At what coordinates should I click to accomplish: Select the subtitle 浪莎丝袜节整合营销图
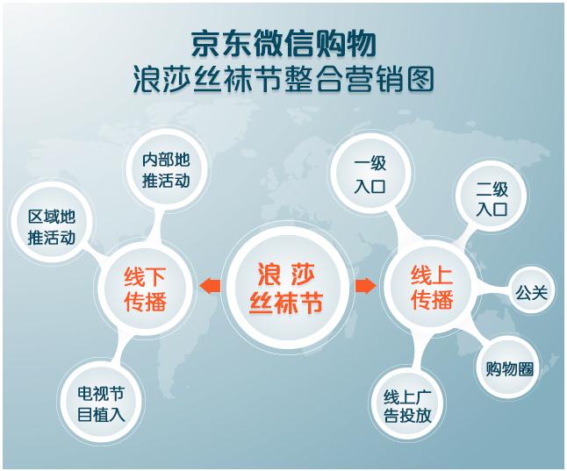tap(283, 80)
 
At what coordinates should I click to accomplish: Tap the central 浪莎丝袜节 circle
tap(285, 287)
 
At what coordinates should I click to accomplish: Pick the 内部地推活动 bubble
tap(166, 171)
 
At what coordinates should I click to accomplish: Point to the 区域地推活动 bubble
tap(51, 226)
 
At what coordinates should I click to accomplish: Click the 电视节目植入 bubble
tap(101, 403)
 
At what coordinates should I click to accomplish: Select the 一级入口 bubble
tap(370, 175)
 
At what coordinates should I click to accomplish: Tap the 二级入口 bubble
tap(492, 199)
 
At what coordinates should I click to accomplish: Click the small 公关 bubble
tap(531, 291)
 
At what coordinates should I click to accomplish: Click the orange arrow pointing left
tap(209, 287)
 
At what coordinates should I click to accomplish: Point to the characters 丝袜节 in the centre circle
tap(285, 303)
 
